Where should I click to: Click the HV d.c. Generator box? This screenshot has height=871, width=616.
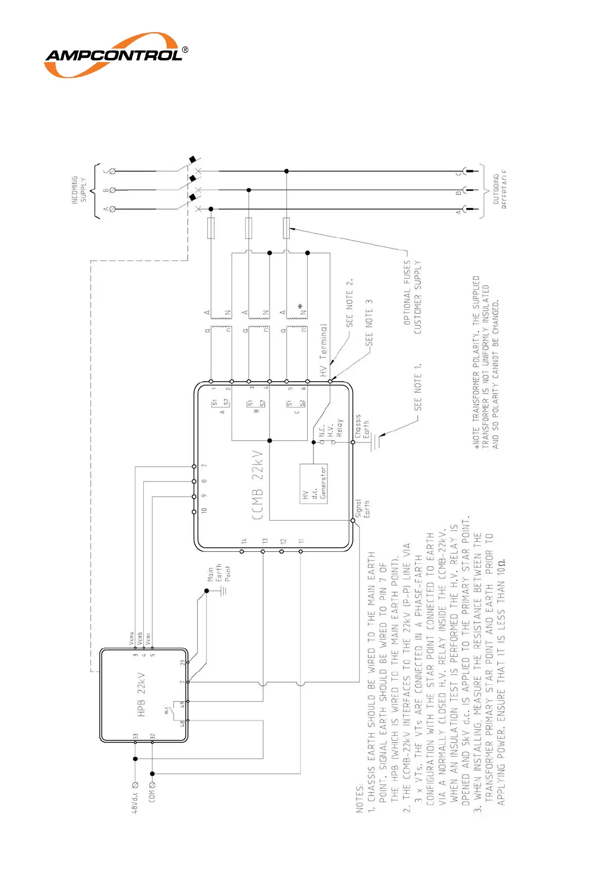pos(313,484)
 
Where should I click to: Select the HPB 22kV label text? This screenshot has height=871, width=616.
pos(142,695)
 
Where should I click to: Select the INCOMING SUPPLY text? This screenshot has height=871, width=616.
pos(79,190)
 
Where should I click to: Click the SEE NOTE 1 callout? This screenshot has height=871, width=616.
pos(418,387)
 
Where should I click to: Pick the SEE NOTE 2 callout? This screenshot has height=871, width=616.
pos(350,303)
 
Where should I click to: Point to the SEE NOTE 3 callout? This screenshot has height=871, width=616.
pos(369,323)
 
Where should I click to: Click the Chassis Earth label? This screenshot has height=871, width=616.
pos(362,426)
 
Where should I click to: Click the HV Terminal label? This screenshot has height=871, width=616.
pos(323,350)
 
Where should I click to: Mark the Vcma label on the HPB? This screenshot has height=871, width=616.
pos(131,639)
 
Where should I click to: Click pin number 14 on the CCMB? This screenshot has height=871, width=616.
pos(244,541)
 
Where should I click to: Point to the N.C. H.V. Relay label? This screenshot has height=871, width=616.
pos(330,428)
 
